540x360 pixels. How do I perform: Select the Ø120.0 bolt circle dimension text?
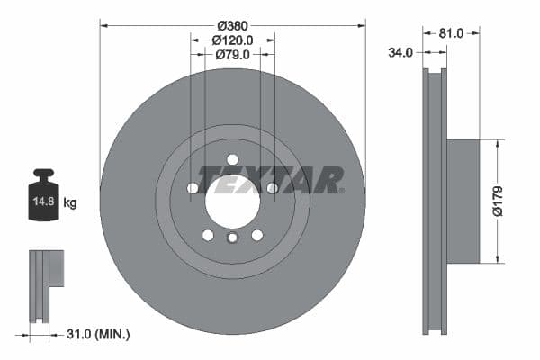point(232,40)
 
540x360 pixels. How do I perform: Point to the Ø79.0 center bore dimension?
point(232,56)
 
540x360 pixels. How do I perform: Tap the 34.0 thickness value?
point(400,53)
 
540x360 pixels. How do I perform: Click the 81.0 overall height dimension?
point(452,33)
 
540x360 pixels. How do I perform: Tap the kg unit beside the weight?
point(69,203)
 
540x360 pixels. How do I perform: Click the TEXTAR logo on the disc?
point(270,180)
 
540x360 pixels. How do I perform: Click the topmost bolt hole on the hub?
point(232,159)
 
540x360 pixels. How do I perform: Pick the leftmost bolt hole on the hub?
point(193,188)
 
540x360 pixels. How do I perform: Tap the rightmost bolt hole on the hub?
point(272,188)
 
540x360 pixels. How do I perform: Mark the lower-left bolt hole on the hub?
point(208,235)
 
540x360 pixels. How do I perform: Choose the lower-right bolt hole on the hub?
point(257,235)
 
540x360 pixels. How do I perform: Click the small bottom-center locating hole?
point(232,238)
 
